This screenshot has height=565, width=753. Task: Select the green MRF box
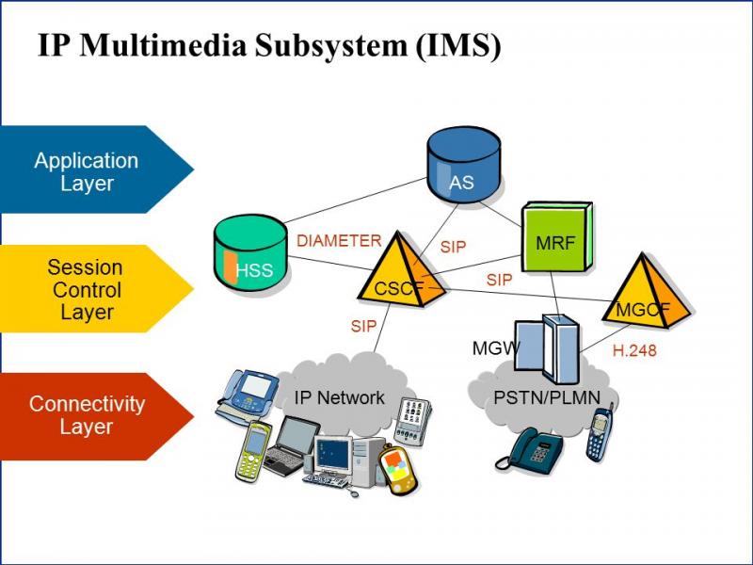[x=556, y=241]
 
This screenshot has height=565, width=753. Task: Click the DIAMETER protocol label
[x=339, y=241]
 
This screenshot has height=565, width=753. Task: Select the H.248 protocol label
[x=634, y=350]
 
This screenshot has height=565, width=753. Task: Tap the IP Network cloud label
[x=339, y=397]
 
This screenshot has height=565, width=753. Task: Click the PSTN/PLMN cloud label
[x=547, y=397]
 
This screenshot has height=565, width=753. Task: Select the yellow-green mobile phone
[x=252, y=452]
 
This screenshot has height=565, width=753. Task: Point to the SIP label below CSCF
[x=363, y=327]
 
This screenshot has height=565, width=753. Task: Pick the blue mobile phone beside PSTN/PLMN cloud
[x=600, y=432]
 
